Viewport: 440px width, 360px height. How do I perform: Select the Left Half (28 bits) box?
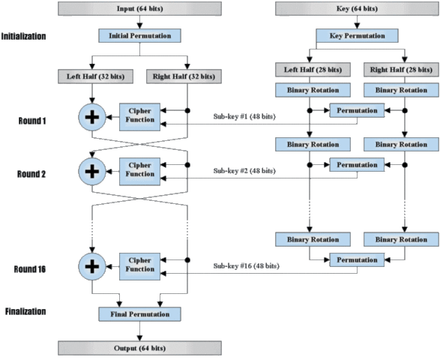(x=307, y=70)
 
